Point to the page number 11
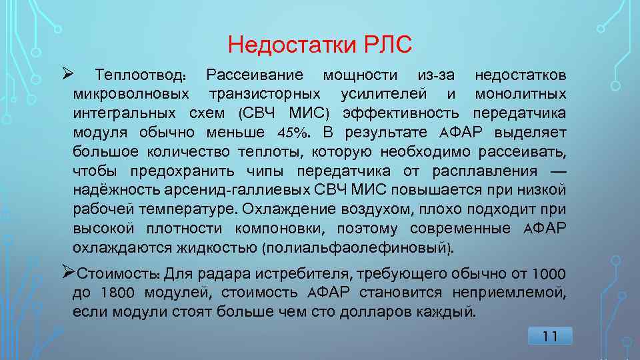550,337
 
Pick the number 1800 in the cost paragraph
117,292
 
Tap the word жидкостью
220,249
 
